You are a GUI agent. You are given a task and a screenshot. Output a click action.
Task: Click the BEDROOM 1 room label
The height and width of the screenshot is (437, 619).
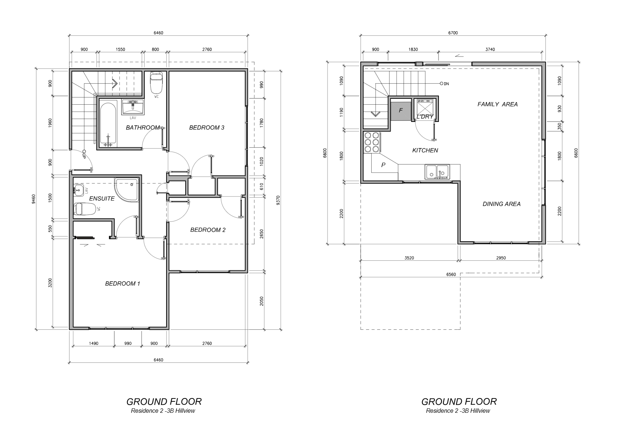pos(122,283)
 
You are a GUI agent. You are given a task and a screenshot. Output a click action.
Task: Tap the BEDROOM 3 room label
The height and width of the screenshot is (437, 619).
pos(207,127)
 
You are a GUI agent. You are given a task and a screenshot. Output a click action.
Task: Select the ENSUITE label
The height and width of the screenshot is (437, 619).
pos(102,198)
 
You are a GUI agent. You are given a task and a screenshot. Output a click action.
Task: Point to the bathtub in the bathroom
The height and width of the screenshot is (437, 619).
pos(108,125)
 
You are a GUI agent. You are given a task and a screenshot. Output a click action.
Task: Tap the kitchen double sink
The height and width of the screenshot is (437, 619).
pos(437,172)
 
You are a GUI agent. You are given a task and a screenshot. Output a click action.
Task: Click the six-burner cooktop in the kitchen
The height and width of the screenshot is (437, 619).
pos(372,142)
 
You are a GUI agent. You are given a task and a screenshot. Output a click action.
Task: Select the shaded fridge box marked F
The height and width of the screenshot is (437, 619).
pos(400,111)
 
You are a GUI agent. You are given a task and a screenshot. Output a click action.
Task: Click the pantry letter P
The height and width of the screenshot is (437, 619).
pos(383,165)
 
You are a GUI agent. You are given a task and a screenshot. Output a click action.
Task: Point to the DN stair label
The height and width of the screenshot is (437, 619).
pos(446,84)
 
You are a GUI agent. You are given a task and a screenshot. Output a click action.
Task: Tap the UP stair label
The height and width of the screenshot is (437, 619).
pos(84,155)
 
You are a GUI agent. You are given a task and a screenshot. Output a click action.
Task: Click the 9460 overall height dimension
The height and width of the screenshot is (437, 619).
pos(34,199)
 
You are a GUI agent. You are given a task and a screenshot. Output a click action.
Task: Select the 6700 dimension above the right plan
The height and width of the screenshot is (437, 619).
pos(453,33)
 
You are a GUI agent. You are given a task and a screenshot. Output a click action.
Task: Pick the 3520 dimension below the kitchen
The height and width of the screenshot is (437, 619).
pos(409,258)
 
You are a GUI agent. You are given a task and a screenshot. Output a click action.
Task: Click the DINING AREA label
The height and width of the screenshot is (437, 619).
pos(501,204)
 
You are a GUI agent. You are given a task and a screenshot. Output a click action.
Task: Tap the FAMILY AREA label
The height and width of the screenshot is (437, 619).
pos(497,104)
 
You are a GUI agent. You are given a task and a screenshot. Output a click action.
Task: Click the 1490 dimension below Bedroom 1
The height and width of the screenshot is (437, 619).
pos(94,343)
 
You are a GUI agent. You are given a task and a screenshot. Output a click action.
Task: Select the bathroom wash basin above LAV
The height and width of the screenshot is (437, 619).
pos(133,107)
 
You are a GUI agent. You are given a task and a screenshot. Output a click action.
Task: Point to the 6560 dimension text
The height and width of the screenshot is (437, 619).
pos(451,274)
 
